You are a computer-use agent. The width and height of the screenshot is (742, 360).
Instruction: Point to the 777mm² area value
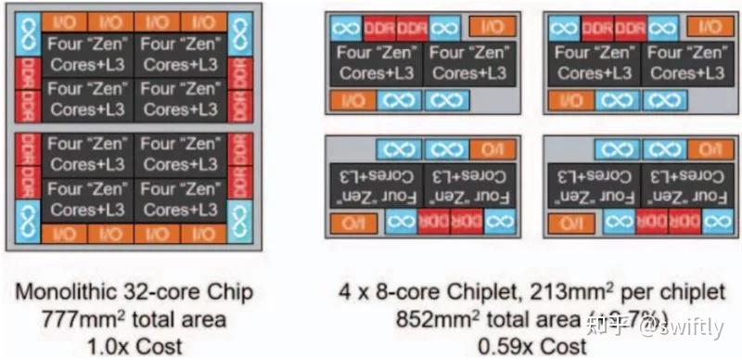pos(81,320)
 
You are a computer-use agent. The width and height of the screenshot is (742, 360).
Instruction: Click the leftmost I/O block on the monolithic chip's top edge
pos(66,21)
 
